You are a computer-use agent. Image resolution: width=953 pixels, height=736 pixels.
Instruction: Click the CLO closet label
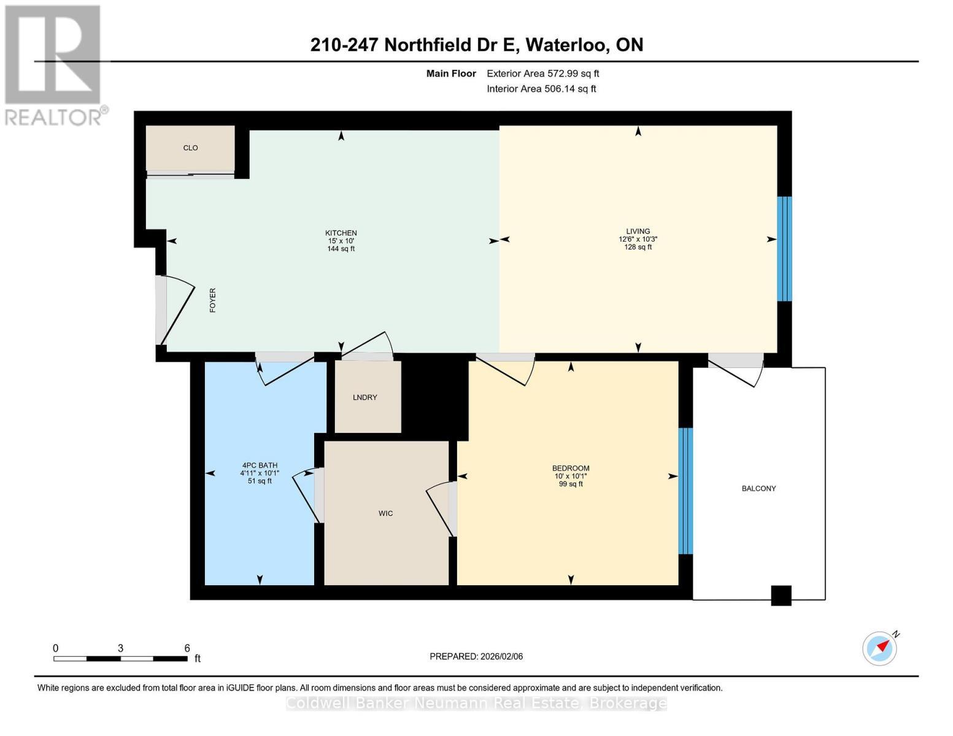point(190,148)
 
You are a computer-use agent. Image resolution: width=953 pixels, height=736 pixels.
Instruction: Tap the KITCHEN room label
point(341,233)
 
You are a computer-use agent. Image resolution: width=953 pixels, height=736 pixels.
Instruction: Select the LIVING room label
point(638,231)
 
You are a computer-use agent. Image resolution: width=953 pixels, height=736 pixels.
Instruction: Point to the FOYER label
point(213,301)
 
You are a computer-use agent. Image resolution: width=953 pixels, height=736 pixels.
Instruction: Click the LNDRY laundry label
point(365,397)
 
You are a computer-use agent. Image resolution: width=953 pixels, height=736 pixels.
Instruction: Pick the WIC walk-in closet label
point(385,513)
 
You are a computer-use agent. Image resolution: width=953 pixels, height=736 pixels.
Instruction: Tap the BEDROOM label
point(571,468)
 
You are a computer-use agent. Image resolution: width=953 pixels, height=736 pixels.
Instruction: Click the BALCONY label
point(758,488)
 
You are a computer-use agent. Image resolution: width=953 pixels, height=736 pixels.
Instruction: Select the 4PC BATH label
point(260,466)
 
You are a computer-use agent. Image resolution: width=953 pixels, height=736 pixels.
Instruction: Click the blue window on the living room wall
point(784,248)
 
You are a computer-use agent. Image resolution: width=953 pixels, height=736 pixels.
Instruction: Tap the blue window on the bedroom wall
point(685,491)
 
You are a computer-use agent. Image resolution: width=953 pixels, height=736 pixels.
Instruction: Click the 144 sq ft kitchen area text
point(341,248)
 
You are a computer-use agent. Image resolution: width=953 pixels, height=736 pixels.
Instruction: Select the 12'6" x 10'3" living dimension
point(638,239)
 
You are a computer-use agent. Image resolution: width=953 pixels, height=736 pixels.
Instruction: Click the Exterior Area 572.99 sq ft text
point(543,74)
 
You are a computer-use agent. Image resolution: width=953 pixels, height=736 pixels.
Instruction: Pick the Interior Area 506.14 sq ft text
point(542,89)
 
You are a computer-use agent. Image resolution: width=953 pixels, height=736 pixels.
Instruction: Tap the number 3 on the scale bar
point(120,648)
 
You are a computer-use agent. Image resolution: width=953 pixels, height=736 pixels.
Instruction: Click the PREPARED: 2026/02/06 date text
point(476,656)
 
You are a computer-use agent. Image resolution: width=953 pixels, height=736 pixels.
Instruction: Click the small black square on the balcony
point(781,596)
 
